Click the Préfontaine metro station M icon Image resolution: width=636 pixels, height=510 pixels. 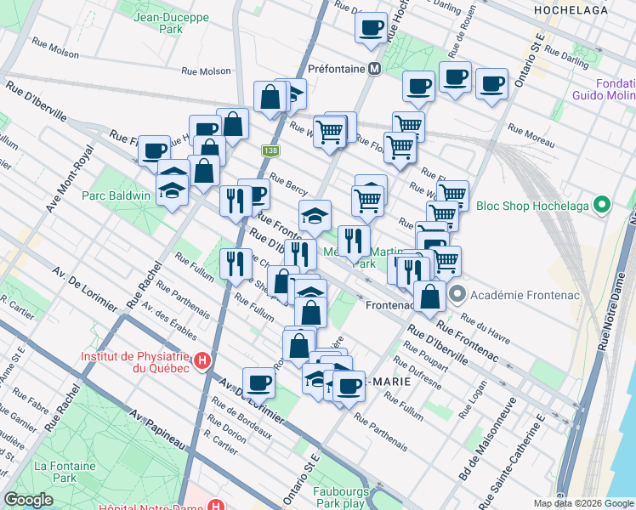pyautogui.click(x=373, y=68)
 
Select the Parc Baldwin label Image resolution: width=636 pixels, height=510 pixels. pyautogui.click(x=116, y=195)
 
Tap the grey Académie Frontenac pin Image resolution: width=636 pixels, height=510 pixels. pyautogui.click(x=457, y=295)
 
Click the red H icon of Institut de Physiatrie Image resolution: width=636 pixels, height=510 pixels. pyautogui.click(x=202, y=360)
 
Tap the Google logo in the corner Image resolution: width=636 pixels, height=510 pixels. pyautogui.click(x=28, y=500)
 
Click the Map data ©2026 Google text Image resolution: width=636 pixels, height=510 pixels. pyautogui.click(x=583, y=503)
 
